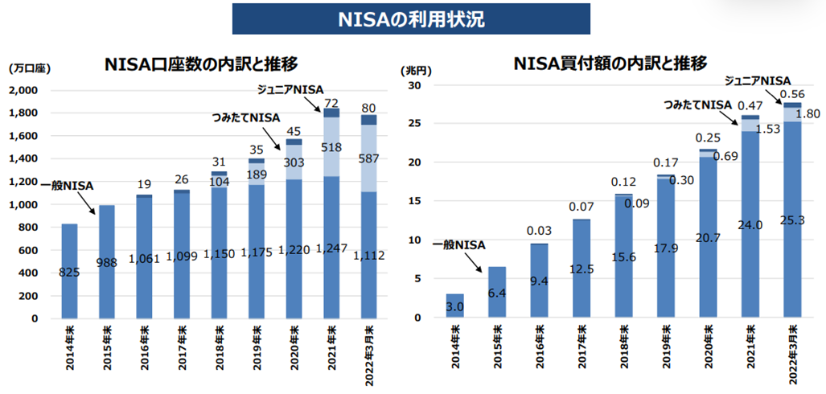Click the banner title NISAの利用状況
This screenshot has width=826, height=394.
(411, 19)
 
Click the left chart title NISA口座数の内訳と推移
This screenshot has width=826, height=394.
(202, 65)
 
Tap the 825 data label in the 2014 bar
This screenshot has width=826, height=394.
(69, 273)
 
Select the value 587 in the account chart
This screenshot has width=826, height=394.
(368, 158)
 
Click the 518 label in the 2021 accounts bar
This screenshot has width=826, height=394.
(331, 147)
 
